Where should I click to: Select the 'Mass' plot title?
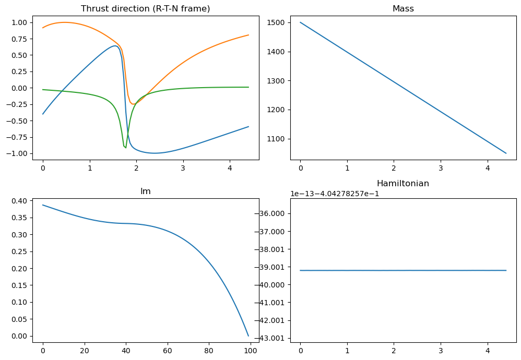[403, 8]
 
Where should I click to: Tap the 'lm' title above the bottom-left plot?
[146, 191]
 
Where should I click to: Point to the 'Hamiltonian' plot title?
[403, 184]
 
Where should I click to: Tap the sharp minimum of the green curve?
[125, 148]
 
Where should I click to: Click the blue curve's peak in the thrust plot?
[114, 46]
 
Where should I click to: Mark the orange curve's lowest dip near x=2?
[134, 104]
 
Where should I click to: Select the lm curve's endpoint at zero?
[248, 335]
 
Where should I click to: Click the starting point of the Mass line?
[300, 22]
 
